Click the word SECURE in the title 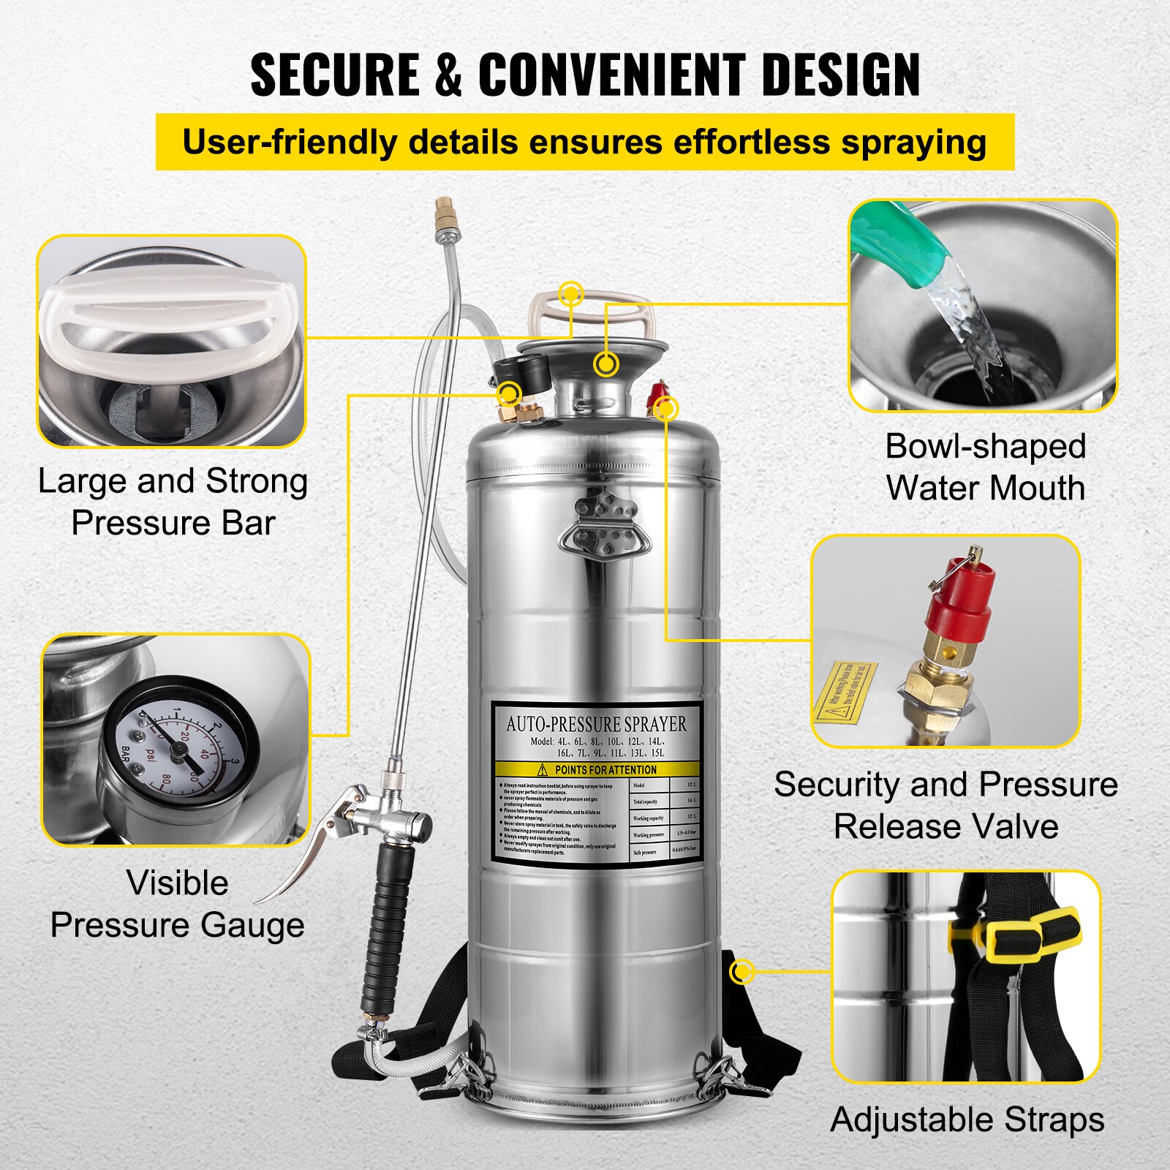[334, 75]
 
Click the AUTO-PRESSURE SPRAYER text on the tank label [596, 724]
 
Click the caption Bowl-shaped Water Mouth [985, 467]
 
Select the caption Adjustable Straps [967, 1120]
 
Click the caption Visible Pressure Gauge [177, 904]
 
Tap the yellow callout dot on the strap [742, 972]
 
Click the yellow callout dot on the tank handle [570, 295]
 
